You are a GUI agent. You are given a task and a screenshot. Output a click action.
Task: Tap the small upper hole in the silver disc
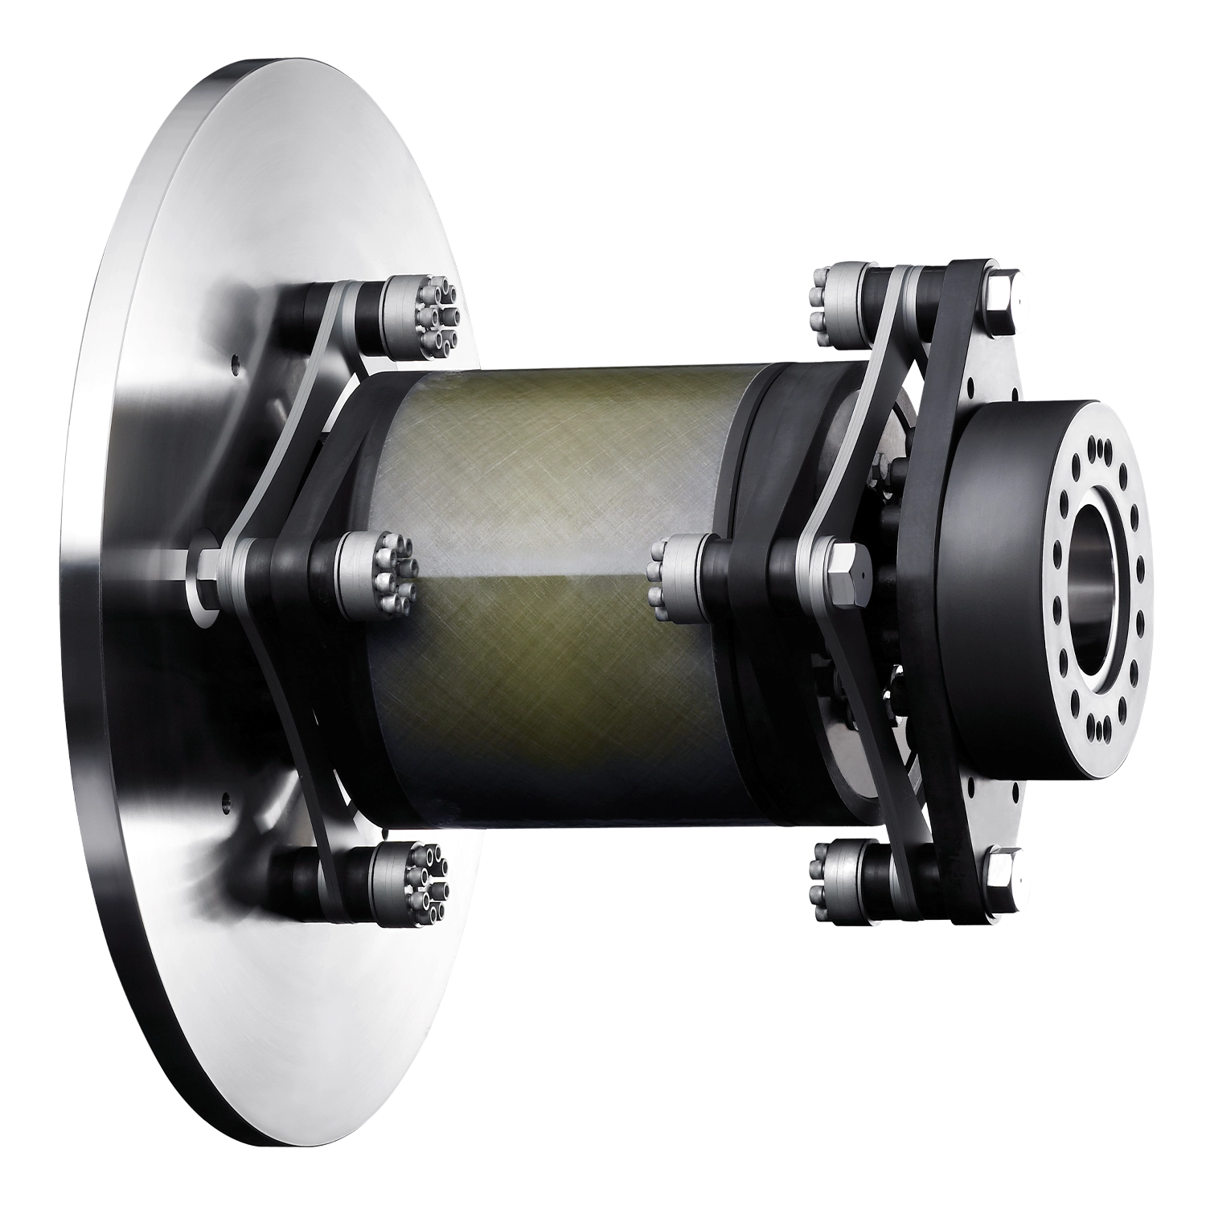pos(234,363)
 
